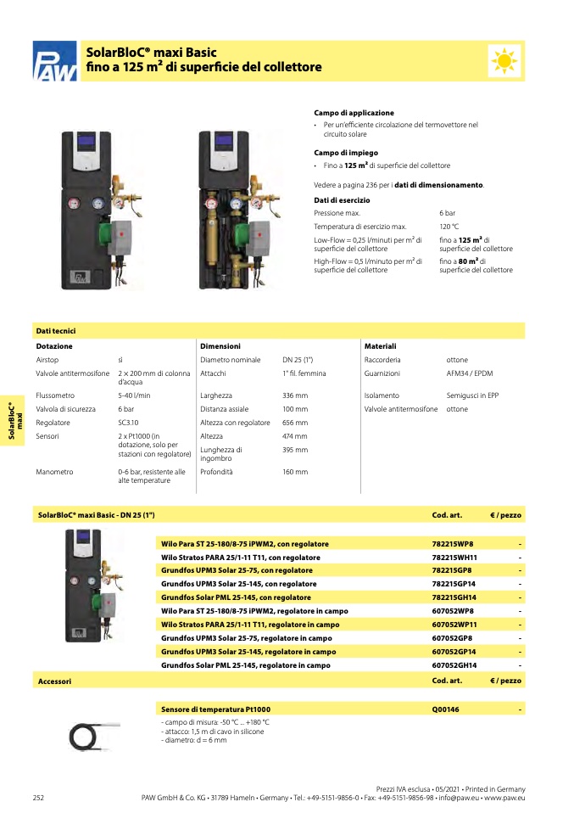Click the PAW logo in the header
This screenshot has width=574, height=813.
[x=54, y=63]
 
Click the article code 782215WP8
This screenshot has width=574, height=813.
[x=453, y=543]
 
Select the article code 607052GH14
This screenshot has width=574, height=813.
[x=455, y=665]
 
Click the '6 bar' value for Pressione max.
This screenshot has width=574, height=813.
[x=449, y=212]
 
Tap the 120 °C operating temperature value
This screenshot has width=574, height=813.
[x=449, y=227]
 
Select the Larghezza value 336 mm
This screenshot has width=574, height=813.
[x=295, y=395]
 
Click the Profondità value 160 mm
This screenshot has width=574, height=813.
[x=295, y=472]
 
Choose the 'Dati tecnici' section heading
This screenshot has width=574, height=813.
[x=56, y=331]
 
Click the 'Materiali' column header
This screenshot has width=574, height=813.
[x=380, y=346]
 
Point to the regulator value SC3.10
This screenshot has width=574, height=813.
[x=129, y=423]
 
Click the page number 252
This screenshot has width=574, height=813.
[x=38, y=797]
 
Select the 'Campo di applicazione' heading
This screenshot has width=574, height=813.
[x=354, y=113]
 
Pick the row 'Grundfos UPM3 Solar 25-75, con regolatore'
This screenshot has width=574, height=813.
[x=237, y=570]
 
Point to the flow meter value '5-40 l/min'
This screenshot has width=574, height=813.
[x=134, y=395]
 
